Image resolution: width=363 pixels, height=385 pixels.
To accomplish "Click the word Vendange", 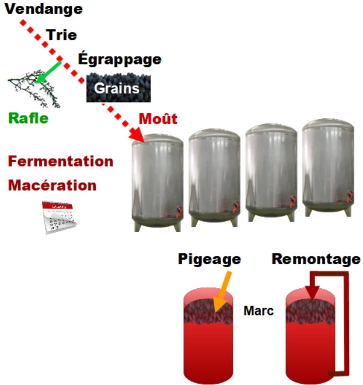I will pos(44,9).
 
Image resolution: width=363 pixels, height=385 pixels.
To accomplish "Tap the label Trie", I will pos(61,35).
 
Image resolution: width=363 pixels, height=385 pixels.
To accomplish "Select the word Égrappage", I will pos(119,59).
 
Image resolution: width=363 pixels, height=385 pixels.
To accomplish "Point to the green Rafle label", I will pos(28,118).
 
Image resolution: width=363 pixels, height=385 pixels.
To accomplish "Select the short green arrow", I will pos(49,71).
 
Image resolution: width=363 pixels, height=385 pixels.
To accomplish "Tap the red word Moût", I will pos(158,118).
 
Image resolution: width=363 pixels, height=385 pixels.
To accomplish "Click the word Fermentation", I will pos(60,161).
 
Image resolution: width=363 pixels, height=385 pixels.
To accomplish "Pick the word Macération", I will pos(52,185).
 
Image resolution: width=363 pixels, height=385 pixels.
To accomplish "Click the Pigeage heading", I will pos(210,258).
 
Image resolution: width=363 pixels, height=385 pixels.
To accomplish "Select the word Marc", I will pos(259,310).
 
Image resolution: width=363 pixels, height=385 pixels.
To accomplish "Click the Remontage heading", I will pos(316,258).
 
